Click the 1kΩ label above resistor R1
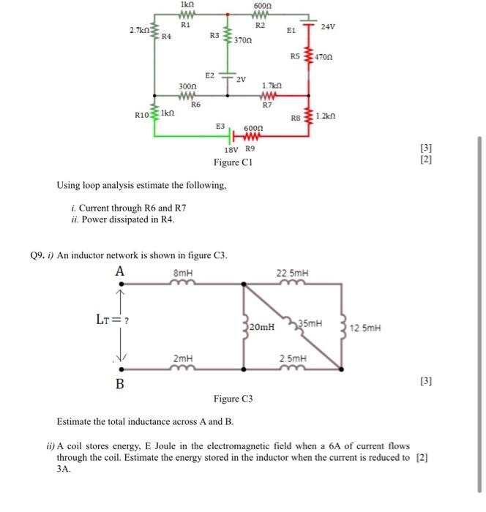click(185, 5)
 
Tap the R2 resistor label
click(260, 25)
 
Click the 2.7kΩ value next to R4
click(138, 30)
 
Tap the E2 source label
click(210, 75)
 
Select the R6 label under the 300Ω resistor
click(195, 105)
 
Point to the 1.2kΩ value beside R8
click(326, 116)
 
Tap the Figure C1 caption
click(232, 162)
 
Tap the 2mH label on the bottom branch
click(183, 358)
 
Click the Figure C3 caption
click(233, 399)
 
